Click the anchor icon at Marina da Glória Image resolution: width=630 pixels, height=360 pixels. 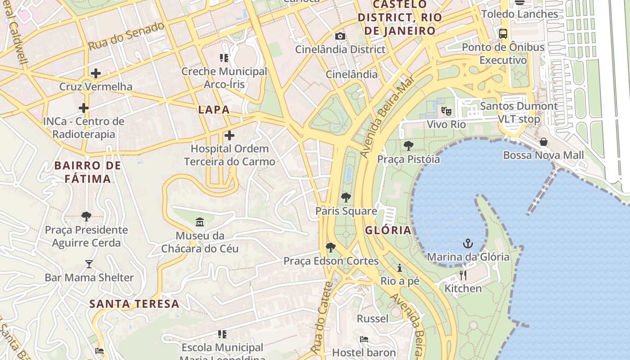pyautogui.click(x=468, y=244)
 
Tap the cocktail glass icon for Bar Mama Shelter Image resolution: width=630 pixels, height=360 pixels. pyautogui.click(x=89, y=264)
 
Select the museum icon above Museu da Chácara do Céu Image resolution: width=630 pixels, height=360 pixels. pyautogui.click(x=200, y=222)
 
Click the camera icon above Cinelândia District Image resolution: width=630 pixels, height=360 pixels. pyautogui.click(x=340, y=36)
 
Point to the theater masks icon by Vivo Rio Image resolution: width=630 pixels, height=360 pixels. pyautogui.click(x=446, y=111)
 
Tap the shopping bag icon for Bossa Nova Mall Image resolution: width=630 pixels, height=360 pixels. pyautogui.click(x=544, y=142)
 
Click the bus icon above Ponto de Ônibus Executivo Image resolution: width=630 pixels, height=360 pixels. pyautogui.click(x=503, y=34)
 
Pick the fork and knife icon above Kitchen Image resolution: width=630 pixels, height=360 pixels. pyautogui.click(x=463, y=275)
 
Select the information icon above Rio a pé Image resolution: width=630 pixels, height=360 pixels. pyautogui.click(x=400, y=268)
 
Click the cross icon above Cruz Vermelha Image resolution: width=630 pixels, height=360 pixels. pyautogui.click(x=95, y=73)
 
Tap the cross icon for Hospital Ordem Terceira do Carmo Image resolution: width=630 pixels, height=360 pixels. pyautogui.click(x=229, y=135)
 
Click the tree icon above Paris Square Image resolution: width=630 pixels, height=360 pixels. pyautogui.click(x=346, y=198)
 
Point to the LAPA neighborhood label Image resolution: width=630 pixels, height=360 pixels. pyautogui.click(x=214, y=110)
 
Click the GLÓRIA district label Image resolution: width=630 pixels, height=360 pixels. pyautogui.click(x=388, y=230)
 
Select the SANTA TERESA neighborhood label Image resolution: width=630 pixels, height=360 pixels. pyautogui.click(x=135, y=304)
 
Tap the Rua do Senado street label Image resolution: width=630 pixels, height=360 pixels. pyautogui.click(x=126, y=36)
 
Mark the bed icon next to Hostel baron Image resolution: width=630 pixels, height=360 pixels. pyautogui.click(x=364, y=339)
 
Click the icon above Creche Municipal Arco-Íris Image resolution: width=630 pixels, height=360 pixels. pyautogui.click(x=224, y=58)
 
